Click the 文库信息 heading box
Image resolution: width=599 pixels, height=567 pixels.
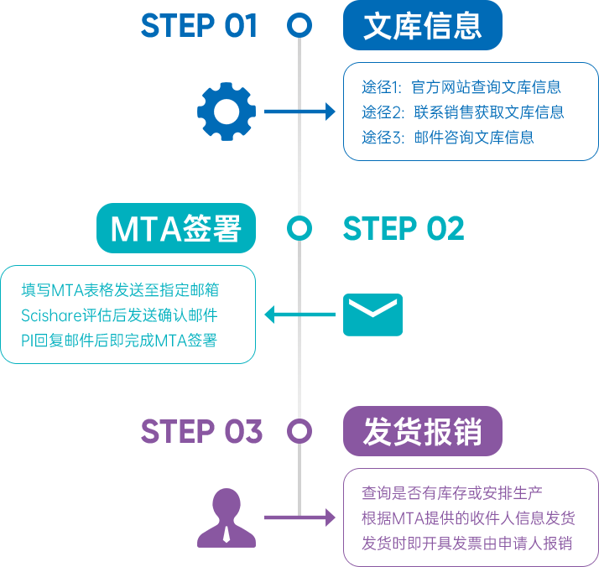(x=422, y=26)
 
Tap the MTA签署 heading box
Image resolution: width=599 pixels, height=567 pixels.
(x=175, y=228)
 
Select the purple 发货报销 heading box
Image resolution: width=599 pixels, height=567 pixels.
(x=422, y=431)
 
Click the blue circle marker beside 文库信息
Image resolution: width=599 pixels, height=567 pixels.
(x=299, y=25)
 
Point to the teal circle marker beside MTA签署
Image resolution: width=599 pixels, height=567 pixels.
(x=299, y=227)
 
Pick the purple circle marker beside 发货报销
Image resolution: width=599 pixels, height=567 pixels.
(x=299, y=431)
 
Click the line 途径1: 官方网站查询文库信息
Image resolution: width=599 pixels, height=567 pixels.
(x=461, y=87)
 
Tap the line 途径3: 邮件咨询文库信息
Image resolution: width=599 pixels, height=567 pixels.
(x=448, y=138)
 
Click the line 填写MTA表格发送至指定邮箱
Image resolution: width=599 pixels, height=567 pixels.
(x=120, y=290)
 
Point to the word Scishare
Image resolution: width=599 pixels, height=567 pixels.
(x=48, y=315)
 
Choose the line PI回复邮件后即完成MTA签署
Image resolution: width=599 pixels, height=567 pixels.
(x=119, y=341)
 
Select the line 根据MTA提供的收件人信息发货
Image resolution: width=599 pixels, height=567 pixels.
(x=468, y=518)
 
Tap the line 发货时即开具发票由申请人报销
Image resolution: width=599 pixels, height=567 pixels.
(x=466, y=543)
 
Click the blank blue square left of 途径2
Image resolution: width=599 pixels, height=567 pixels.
(x=227, y=112)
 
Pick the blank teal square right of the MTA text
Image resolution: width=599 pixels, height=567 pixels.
(x=372, y=315)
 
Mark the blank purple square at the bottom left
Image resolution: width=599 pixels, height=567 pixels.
(x=227, y=517)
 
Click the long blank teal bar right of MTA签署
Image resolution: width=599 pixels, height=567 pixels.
(x=403, y=228)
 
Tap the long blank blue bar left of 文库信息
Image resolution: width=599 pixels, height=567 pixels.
(x=198, y=25)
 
